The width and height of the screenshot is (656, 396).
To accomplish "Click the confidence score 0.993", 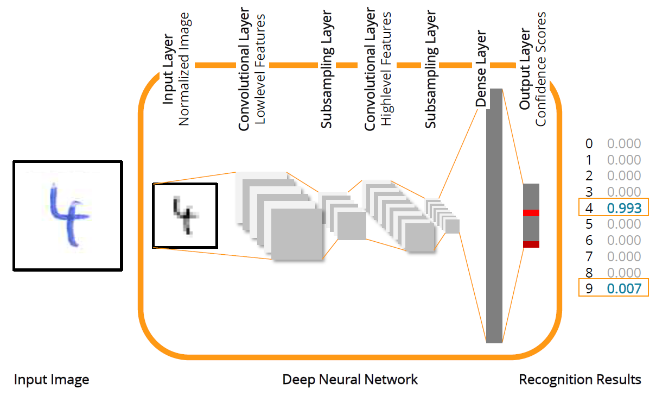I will click(x=624, y=208).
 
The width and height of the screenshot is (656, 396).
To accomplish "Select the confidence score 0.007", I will click(x=624, y=288).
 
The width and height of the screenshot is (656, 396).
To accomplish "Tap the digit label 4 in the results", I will click(x=589, y=208).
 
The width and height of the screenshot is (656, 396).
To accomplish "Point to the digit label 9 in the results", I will click(x=589, y=288).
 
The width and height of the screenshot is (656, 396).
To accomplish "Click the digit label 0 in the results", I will click(x=589, y=144).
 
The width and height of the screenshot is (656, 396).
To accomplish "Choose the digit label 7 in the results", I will click(x=589, y=256).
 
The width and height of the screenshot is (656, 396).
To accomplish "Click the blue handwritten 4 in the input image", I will click(x=68, y=215).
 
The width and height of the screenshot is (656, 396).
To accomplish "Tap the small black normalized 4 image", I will click(x=184, y=215).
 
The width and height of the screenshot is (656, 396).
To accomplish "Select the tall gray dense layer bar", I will click(x=494, y=217).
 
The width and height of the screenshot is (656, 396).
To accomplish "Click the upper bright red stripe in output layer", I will click(x=531, y=212).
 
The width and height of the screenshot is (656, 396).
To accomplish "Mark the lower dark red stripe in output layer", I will click(x=531, y=244).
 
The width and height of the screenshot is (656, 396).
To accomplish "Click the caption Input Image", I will click(x=52, y=380).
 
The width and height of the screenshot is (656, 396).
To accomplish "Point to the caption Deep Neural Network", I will click(x=350, y=380).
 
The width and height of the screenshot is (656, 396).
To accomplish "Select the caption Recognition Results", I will click(x=580, y=380).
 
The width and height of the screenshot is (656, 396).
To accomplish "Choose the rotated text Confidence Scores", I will click(x=540, y=69).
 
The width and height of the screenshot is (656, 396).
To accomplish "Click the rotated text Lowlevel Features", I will click(x=260, y=69).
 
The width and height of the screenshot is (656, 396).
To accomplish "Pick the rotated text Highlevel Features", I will click(x=386, y=69).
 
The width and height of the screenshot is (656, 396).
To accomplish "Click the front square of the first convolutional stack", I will click(x=296, y=234).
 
